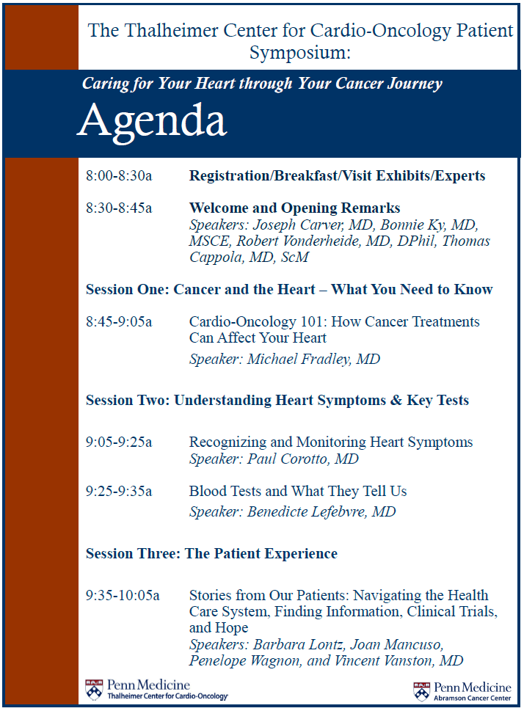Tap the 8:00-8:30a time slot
click(x=119, y=176)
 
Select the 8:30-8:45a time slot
click(x=119, y=208)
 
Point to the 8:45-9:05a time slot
click(x=119, y=321)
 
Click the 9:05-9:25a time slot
click(x=119, y=442)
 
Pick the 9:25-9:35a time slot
click(x=119, y=491)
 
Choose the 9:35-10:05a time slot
click(x=123, y=595)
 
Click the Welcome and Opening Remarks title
click(x=294, y=208)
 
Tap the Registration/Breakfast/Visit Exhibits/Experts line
click(x=337, y=176)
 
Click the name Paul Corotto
click(x=286, y=459)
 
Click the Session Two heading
click(x=277, y=401)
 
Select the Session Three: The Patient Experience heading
click(x=211, y=553)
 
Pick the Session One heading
click(x=289, y=289)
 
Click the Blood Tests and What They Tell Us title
click(x=297, y=491)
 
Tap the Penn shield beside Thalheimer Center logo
click(x=95, y=689)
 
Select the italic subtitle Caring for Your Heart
click(x=262, y=83)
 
